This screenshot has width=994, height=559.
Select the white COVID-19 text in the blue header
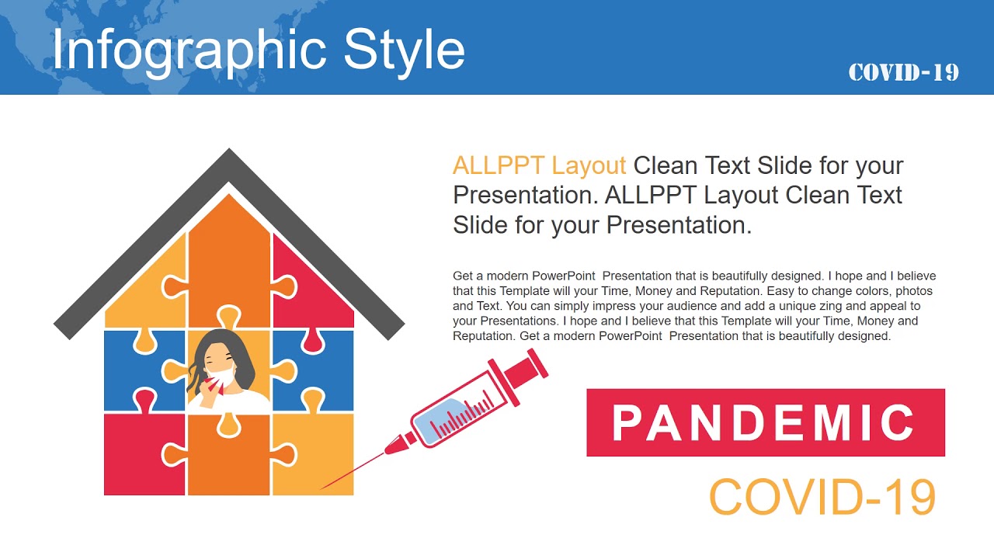pos(903,73)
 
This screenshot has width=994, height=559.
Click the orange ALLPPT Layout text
pos(539,165)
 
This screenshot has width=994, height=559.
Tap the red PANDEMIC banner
pos(765,422)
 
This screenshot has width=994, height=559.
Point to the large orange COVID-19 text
pos(822,498)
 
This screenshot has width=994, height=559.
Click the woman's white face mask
pos(221,377)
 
